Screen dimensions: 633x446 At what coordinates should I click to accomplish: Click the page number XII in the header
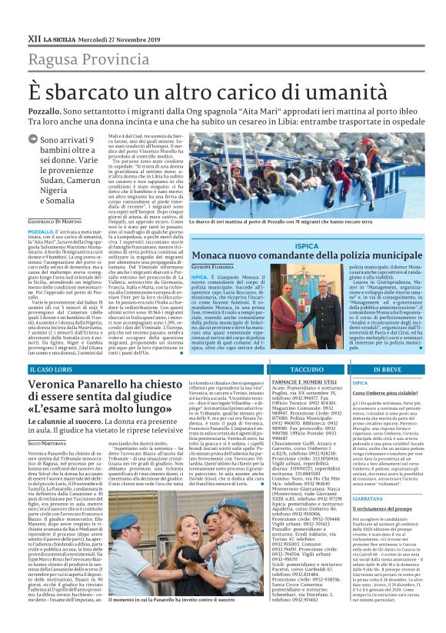(x=33, y=37)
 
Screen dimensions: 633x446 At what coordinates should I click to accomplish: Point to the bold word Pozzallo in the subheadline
(x=45, y=112)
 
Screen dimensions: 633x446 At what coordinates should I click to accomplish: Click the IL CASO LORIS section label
(x=52, y=369)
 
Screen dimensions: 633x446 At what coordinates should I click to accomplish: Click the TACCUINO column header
(x=306, y=369)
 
